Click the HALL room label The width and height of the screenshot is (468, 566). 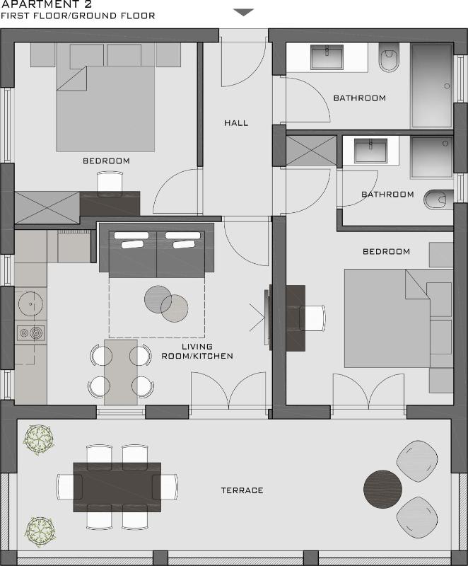tap(236, 123)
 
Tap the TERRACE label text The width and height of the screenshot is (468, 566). tap(242, 490)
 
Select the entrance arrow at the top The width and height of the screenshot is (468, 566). tap(243, 12)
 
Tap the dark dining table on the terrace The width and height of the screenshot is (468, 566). tap(117, 487)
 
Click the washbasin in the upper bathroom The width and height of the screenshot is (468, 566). tap(327, 57)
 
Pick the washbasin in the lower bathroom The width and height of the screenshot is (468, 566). tap(370, 151)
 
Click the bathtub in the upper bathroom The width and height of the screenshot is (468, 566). tap(432, 86)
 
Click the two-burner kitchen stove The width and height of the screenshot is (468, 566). tap(30, 332)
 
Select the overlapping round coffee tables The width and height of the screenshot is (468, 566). tap(166, 302)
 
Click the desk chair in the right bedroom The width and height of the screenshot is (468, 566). tap(312, 318)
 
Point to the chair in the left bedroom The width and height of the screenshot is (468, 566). tap(110, 183)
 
